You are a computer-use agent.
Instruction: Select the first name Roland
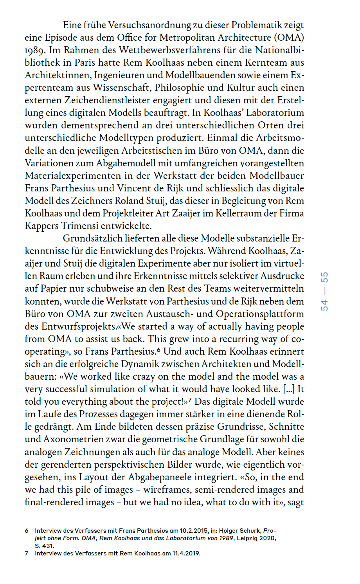point(130,201)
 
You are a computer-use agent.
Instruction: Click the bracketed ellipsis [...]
point(289,389)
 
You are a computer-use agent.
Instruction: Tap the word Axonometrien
point(70,439)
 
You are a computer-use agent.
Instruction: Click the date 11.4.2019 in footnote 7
point(186,553)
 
